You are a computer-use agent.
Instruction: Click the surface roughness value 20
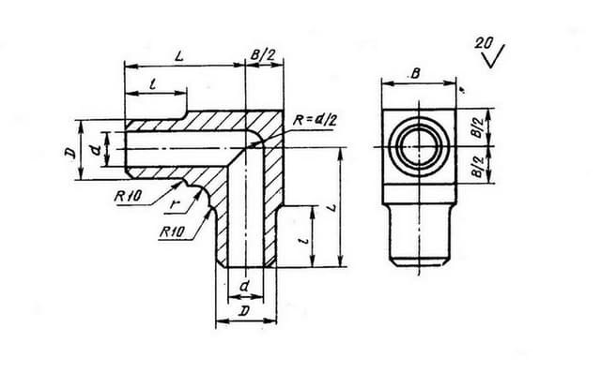pos(484,42)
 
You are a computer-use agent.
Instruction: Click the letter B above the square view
pos(415,73)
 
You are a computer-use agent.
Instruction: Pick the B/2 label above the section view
pos(263,55)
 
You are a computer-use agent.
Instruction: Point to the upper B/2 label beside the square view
pos(478,127)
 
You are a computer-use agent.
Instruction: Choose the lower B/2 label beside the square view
pos(478,167)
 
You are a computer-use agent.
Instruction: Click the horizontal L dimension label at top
pos(179,56)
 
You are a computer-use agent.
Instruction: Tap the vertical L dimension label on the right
pos(332,208)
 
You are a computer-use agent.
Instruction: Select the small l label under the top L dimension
pos(153,84)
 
